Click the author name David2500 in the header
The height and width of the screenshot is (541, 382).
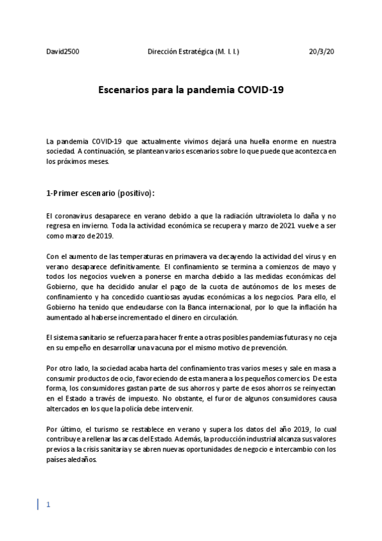point(62,50)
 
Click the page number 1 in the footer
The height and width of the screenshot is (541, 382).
point(48,505)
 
